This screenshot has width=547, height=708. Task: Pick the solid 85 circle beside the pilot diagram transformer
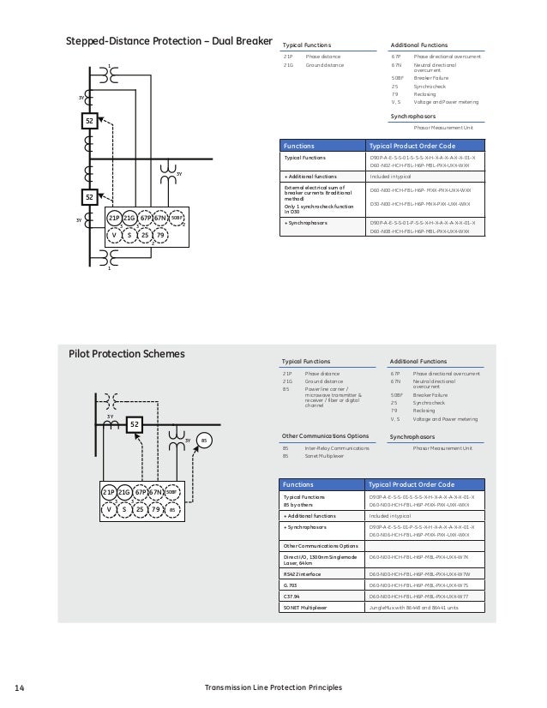tap(203, 441)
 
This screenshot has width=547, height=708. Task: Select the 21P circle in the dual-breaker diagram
tap(114, 219)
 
